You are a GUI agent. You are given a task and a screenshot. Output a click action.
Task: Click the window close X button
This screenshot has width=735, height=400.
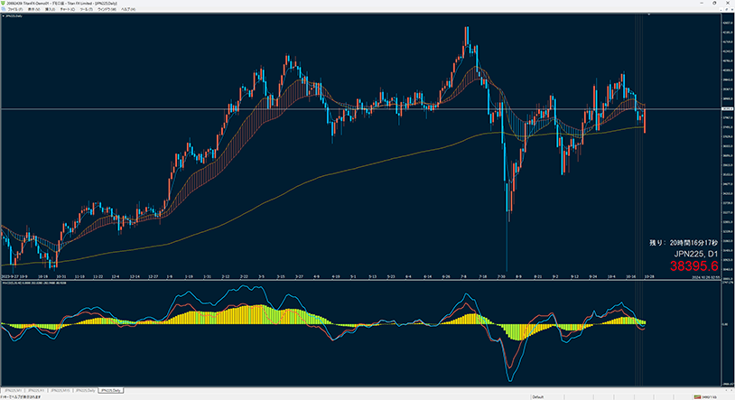point(729,3)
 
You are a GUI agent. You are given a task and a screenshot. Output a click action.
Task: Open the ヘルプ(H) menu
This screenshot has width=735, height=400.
point(141,9)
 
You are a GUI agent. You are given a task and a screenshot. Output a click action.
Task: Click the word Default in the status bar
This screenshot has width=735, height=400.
point(537,396)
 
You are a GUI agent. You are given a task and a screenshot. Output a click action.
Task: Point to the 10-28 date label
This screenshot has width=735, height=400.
point(648,276)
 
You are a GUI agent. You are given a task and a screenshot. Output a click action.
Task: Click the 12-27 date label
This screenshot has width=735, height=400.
point(154,276)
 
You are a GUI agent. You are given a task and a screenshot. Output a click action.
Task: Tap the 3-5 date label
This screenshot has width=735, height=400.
point(262,276)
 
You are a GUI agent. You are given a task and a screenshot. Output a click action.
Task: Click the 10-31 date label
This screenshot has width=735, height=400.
point(60,276)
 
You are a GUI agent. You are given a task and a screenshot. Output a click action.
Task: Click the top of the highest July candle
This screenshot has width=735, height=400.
point(467,27)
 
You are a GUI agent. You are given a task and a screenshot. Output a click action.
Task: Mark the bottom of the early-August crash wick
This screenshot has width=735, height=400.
point(507,270)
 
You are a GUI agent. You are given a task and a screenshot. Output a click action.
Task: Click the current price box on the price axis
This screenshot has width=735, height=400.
point(726,109)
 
